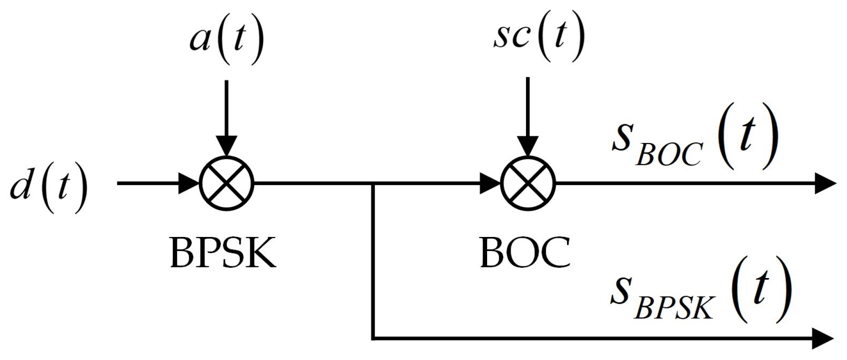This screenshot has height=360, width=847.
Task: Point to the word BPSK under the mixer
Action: click(x=223, y=254)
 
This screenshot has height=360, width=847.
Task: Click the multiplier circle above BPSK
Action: click(x=226, y=184)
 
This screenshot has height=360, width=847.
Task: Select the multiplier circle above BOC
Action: click(x=528, y=184)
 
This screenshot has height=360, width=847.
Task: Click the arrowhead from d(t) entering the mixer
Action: click(x=188, y=184)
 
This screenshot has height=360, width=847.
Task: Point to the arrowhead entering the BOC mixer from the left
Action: click(x=490, y=184)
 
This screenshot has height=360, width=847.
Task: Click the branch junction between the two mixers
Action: click(x=374, y=184)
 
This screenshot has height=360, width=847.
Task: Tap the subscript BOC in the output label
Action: click(x=668, y=155)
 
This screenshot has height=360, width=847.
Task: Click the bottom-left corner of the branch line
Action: click(x=374, y=338)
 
